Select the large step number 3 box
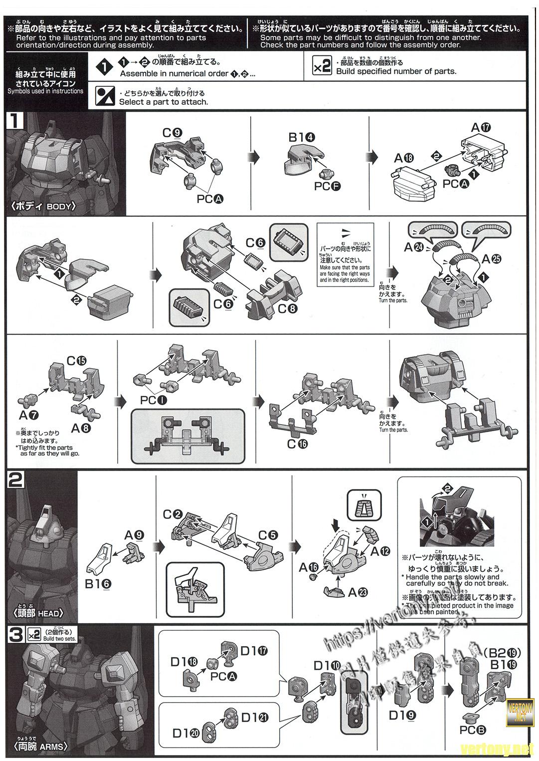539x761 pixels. click(16, 635)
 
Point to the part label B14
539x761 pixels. click(301, 137)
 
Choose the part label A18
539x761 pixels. click(404, 158)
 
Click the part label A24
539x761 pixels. click(413, 247)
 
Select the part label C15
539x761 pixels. click(77, 361)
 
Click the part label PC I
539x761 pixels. click(154, 400)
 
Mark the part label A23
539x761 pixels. click(358, 592)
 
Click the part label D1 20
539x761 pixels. click(185, 733)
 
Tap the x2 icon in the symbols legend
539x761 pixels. click(322, 66)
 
